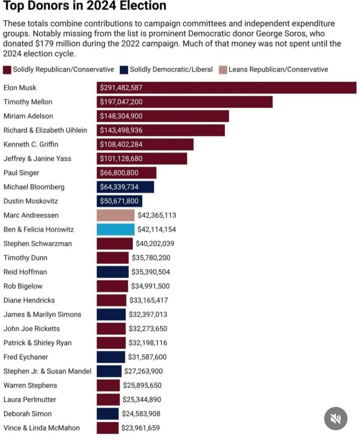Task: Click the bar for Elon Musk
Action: (226, 88)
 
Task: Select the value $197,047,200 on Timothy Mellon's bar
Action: (121, 102)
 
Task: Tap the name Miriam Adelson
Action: (28, 116)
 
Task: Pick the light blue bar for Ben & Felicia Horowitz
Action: (115, 229)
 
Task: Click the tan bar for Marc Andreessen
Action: (115, 215)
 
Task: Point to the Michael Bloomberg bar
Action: (125, 187)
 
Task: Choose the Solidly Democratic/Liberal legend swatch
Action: (124, 69)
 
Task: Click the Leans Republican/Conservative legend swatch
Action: (222, 69)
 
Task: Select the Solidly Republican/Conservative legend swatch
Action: (7, 69)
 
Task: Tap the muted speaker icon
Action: (336, 418)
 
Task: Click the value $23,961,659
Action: (141, 428)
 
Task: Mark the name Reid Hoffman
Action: (25, 272)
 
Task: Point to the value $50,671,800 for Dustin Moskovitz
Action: (119, 201)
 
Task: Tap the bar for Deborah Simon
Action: (108, 414)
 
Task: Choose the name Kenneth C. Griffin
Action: (31, 144)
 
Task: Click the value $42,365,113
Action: (157, 215)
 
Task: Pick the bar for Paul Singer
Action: (126, 172)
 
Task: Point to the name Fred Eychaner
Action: (26, 356)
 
